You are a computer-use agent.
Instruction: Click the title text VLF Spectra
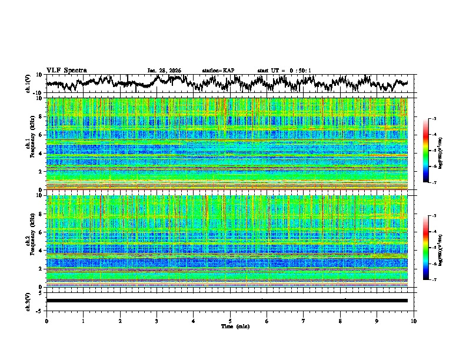click(66, 70)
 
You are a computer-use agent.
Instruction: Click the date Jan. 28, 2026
click(164, 71)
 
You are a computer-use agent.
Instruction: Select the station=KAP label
click(218, 71)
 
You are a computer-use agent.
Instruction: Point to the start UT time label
click(284, 71)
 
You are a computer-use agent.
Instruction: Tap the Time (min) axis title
click(230, 326)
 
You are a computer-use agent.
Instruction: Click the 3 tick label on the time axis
click(157, 321)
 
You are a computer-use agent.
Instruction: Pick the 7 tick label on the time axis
click(303, 321)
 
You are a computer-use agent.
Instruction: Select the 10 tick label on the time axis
click(414, 321)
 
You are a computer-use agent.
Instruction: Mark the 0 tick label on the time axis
click(46, 321)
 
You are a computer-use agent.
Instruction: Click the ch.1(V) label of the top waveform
click(29, 84)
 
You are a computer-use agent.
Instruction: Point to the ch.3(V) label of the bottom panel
click(29, 301)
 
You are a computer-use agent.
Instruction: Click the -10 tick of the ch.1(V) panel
click(37, 93)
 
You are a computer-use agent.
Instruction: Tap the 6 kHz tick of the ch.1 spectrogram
click(41, 135)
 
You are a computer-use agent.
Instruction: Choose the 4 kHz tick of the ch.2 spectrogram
click(41, 251)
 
